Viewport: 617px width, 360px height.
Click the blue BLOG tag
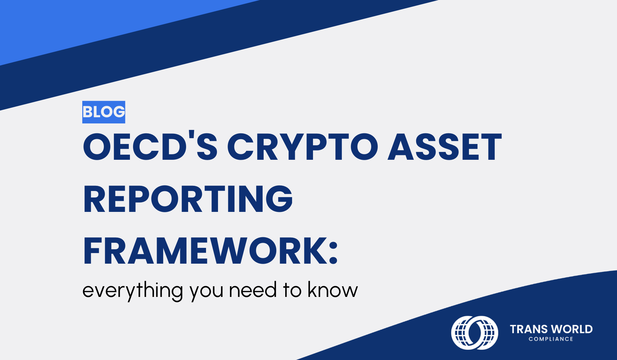click(104, 112)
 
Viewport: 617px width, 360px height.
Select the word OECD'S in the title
click(150, 146)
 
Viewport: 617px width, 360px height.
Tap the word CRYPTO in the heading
click(303, 147)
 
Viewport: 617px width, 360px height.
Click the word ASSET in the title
click(445, 147)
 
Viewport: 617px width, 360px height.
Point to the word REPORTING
click(188, 199)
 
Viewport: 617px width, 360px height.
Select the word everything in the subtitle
click(133, 291)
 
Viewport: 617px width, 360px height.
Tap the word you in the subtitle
click(207, 293)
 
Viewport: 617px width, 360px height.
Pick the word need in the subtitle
click(253, 290)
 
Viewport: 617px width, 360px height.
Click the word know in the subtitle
click(332, 290)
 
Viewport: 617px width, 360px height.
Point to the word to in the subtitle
click(292, 291)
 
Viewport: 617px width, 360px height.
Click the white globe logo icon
click(474, 333)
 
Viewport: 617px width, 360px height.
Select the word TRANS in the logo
click(529, 329)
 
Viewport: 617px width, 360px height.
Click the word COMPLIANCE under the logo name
click(551, 339)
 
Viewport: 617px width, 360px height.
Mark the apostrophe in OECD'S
click(191, 136)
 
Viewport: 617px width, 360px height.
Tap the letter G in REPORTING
click(279, 199)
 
